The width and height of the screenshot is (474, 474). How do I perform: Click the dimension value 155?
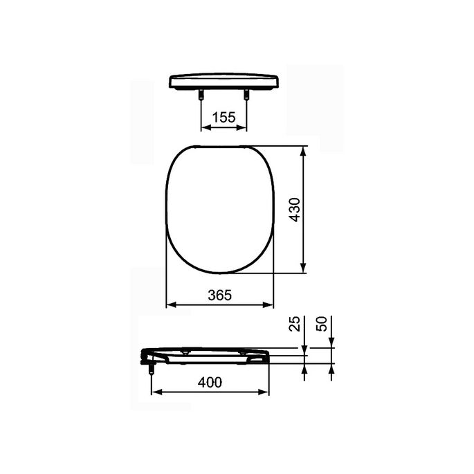click(x=223, y=117)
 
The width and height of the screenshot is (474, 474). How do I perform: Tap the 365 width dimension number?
click(x=219, y=294)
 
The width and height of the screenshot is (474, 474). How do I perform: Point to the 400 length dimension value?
click(x=209, y=382)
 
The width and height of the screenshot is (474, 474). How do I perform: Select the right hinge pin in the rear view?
click(x=244, y=96)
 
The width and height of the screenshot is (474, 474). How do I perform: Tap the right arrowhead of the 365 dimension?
click(x=269, y=304)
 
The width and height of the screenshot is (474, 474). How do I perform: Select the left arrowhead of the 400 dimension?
click(x=155, y=392)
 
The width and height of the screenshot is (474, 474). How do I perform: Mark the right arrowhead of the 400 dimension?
click(x=264, y=392)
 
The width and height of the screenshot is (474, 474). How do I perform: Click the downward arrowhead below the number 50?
click(x=332, y=343)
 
